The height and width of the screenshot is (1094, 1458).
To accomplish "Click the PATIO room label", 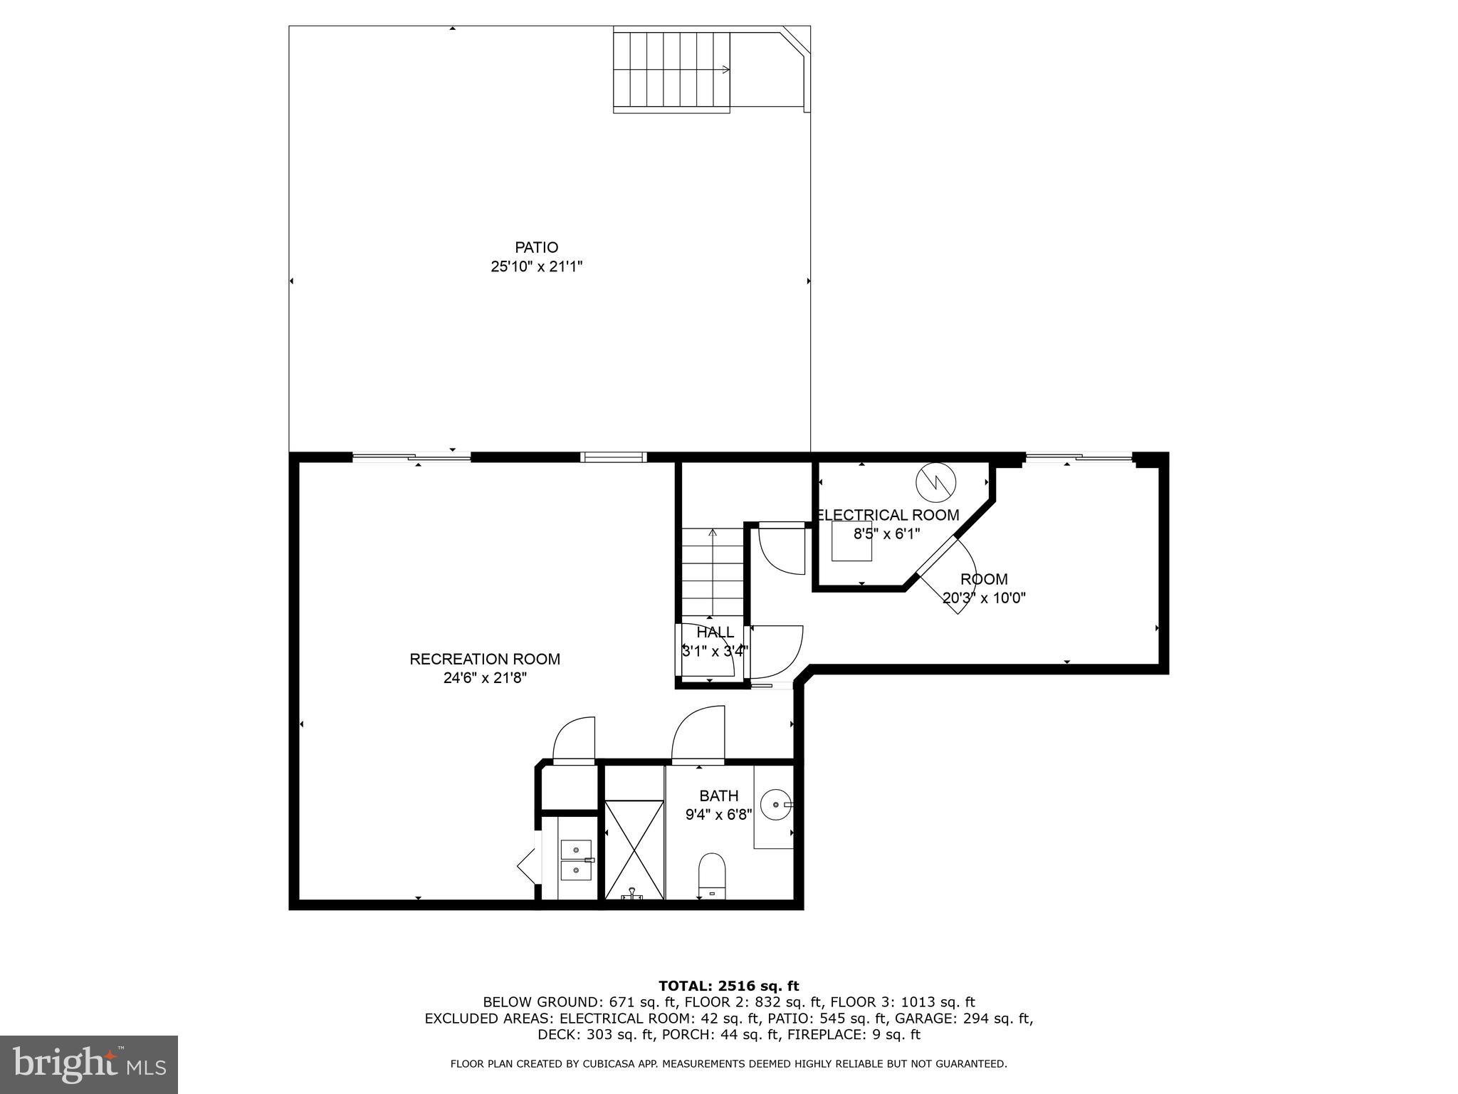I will [536, 247].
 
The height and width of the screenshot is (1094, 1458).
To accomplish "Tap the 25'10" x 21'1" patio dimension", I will [536, 266].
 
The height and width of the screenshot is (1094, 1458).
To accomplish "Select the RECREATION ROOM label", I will [484, 659].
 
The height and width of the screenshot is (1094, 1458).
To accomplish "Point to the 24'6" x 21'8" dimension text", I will [484, 678].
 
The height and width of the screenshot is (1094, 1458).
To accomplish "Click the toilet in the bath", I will [711, 877].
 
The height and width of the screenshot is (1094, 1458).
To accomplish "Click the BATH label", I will [718, 796].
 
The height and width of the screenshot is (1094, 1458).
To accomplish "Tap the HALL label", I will [715, 632].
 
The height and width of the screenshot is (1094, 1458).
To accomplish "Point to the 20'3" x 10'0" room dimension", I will [983, 598].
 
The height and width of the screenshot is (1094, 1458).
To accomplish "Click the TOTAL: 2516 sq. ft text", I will [728, 986].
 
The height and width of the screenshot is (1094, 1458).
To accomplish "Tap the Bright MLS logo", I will [89, 1064].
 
